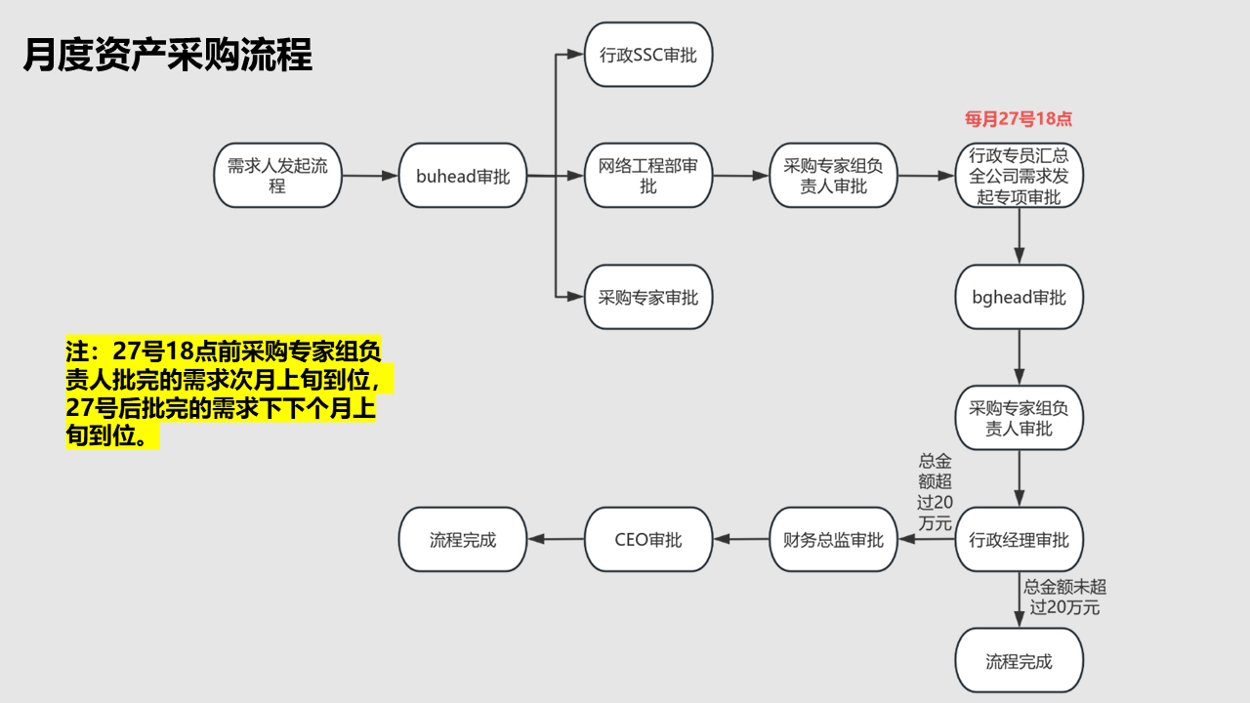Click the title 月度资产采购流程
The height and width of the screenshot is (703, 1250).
[167, 56]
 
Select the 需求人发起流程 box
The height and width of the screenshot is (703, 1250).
[277, 176]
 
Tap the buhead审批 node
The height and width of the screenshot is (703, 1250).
[463, 176]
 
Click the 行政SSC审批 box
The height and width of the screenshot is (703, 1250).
[648, 55]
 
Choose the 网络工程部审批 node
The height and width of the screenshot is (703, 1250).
[648, 176]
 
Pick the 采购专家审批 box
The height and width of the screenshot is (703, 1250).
[648, 297]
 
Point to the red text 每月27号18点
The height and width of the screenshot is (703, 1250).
[1019, 119]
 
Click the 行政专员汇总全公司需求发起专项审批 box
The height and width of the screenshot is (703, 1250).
[1019, 176]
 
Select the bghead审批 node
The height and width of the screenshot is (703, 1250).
[1019, 297]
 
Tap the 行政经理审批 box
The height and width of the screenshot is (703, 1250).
[1019, 540]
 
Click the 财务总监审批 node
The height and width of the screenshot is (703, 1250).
[833, 540]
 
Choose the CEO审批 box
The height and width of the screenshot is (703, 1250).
[648, 540]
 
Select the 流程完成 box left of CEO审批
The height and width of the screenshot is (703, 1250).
[463, 540]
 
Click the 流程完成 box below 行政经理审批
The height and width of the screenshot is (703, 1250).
[1019, 661]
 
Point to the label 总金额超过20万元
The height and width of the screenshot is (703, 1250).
[935, 492]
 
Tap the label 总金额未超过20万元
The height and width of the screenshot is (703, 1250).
[1064, 597]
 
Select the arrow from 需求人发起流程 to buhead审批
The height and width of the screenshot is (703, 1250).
[370, 177]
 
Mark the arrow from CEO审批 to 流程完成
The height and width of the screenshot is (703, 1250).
[556, 540]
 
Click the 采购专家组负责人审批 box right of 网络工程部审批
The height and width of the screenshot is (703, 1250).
[833, 176]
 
